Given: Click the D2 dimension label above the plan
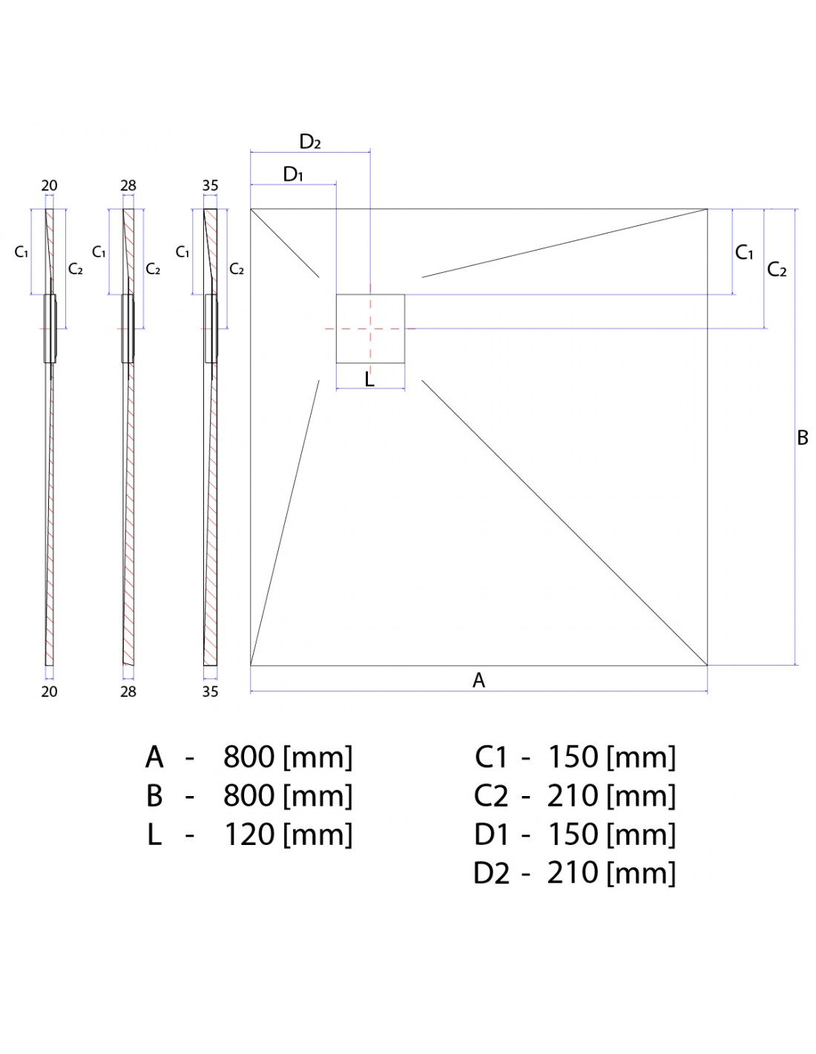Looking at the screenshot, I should click(310, 142).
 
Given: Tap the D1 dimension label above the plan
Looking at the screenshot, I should click(293, 175).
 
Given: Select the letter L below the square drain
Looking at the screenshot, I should click(369, 379).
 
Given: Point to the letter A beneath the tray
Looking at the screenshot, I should click(478, 680).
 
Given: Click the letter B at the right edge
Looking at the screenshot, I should click(802, 437).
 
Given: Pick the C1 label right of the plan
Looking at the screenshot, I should click(744, 253).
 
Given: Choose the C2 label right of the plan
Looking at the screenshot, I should click(777, 270).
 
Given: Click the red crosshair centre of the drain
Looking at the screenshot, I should click(369, 328).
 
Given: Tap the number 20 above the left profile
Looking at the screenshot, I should click(49, 186).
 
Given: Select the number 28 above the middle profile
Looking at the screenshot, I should click(128, 186).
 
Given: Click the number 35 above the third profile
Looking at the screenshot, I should click(210, 186).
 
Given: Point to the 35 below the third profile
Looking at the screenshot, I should click(210, 691).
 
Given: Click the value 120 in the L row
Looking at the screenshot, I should click(249, 835).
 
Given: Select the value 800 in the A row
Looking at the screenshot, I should click(249, 757).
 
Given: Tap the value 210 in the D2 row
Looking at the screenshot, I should click(573, 873).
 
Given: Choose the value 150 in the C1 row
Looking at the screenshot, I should click(573, 757).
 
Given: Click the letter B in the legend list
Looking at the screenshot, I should click(154, 796).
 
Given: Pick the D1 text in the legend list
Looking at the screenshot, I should click(492, 835).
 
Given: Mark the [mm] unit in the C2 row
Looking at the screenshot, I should click(642, 796).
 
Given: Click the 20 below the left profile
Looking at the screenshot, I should click(49, 691).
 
